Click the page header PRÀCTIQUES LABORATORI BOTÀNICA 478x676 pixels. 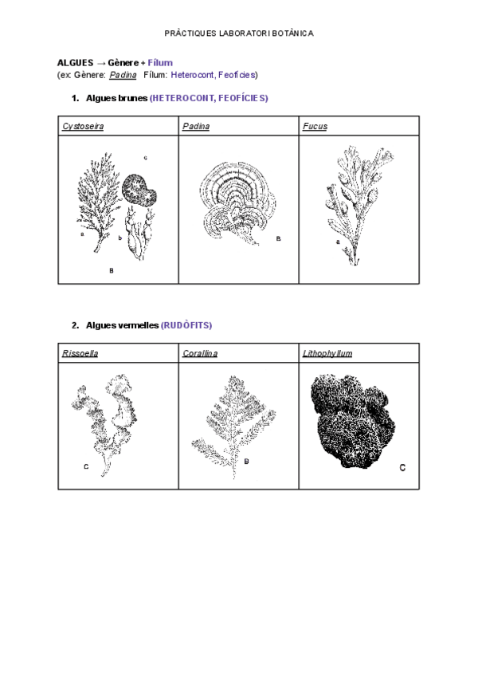click(238, 33)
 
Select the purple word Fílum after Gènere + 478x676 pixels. click(160, 62)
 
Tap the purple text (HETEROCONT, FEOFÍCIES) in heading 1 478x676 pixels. click(209, 98)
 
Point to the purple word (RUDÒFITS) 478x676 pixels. click(186, 325)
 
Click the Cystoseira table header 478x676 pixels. click(83, 126)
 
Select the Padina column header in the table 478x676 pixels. click(195, 126)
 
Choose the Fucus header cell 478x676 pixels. click(315, 126)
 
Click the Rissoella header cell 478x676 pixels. click(80, 353)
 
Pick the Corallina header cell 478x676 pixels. click(199, 353)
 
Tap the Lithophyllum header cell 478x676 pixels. click(327, 353)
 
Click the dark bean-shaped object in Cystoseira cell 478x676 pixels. click(141, 191)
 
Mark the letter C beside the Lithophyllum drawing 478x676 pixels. click(402, 468)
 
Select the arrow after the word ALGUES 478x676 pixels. click(101, 62)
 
